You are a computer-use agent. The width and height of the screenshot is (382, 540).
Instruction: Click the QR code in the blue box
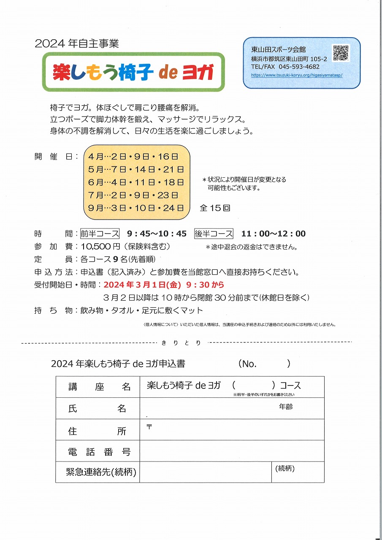point(341,53)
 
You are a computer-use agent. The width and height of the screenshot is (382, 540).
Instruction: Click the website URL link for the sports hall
point(296,75)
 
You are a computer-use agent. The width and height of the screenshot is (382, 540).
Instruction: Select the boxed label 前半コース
point(100,233)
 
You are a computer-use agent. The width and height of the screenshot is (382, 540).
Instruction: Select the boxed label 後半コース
point(214,233)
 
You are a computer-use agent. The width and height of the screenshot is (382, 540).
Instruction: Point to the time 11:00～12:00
point(273,233)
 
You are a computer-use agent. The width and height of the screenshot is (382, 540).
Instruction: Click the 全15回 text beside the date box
point(215,208)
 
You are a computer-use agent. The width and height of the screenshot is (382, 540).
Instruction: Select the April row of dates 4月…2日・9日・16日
point(133,157)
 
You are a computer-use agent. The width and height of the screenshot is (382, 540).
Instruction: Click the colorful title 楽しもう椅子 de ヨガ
point(133,72)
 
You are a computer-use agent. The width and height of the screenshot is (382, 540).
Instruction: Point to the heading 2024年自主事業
point(77,43)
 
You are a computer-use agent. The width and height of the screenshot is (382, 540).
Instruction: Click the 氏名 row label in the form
point(97,408)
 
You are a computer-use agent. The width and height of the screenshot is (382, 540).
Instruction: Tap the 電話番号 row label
point(99,452)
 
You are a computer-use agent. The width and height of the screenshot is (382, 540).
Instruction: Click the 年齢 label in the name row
point(286,407)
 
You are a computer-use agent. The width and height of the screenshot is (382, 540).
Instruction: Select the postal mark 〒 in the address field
point(149,426)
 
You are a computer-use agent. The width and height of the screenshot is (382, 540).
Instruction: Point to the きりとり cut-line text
point(181,343)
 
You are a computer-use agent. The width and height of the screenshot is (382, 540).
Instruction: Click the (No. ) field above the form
point(264,364)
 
